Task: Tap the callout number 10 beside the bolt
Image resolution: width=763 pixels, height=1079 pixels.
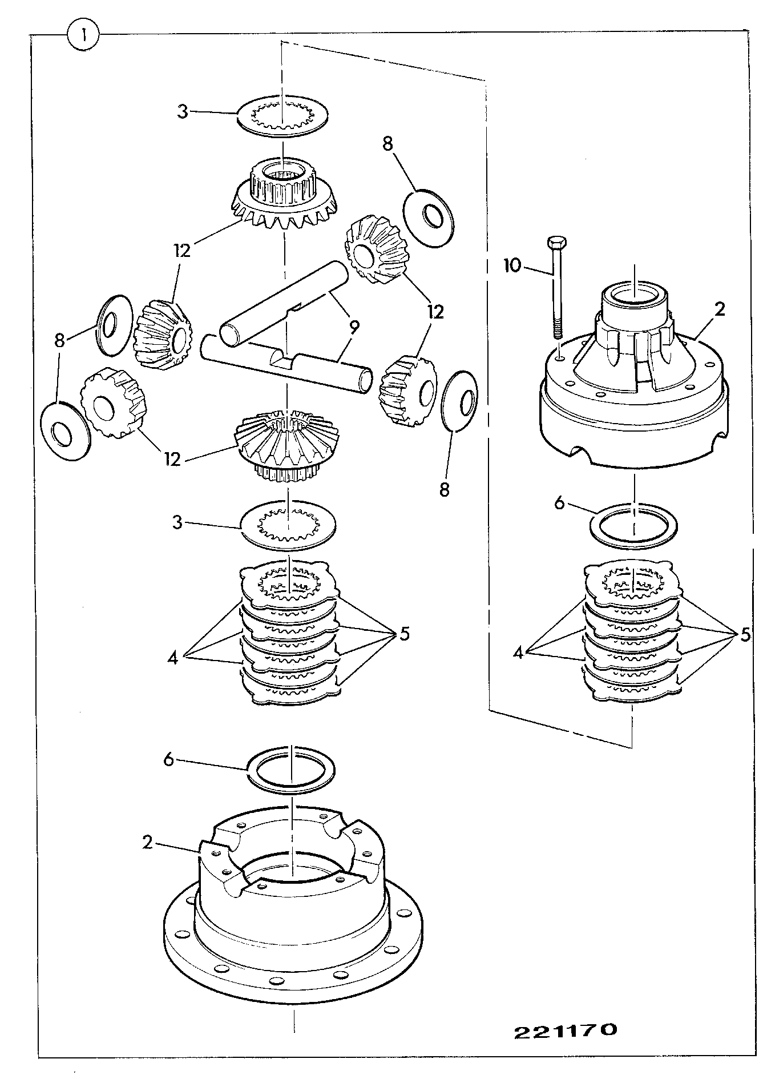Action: [512, 265]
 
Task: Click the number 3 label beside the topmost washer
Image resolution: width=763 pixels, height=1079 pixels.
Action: [182, 111]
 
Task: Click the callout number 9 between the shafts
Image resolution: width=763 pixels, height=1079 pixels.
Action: [354, 327]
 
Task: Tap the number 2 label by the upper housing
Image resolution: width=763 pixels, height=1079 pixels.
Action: [720, 309]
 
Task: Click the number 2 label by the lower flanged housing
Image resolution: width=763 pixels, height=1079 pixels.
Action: [148, 842]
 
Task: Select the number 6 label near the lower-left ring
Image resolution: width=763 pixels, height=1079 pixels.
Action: [168, 761]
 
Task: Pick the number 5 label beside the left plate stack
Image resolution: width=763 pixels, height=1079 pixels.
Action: [405, 634]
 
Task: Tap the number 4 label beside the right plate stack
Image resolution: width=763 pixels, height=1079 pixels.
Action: [518, 652]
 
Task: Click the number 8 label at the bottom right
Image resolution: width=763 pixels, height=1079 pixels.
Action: [445, 489]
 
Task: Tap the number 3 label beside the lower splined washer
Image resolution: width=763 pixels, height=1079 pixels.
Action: [177, 522]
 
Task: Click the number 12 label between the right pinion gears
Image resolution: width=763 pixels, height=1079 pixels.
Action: [435, 312]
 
